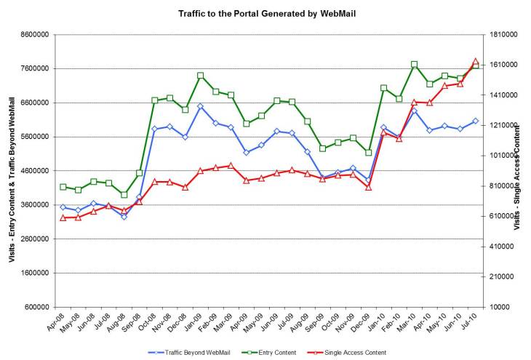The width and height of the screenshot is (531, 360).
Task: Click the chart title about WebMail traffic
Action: point(265,14)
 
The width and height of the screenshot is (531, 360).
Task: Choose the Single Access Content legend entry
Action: point(355,353)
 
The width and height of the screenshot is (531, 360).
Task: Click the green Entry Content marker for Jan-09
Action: point(200,76)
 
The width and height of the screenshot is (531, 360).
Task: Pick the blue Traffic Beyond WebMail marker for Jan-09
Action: point(200,107)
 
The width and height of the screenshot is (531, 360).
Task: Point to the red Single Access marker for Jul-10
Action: point(475,62)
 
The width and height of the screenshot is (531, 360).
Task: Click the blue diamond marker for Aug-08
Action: point(124,217)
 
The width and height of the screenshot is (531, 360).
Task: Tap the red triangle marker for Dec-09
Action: point(369,188)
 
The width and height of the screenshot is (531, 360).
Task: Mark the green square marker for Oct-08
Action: point(154,100)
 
